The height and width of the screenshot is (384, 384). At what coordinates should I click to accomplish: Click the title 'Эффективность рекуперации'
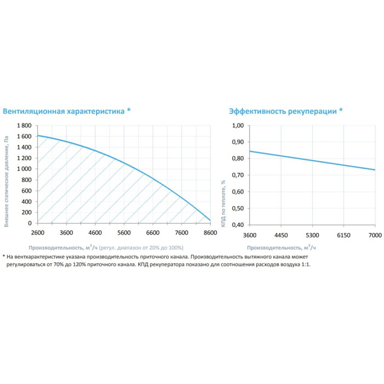pos(283,111)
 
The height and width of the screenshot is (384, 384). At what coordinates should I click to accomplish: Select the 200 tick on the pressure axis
pos(27,212)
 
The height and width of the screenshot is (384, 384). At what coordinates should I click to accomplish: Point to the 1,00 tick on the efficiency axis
pos(238,126)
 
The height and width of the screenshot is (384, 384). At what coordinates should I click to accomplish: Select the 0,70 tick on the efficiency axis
pos(238,175)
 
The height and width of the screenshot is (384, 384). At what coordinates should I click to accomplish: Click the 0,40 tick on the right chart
pos(238,225)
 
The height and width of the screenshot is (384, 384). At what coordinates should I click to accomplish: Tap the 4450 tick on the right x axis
pos(280,235)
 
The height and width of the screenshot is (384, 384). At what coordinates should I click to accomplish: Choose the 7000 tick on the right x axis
pos(375,235)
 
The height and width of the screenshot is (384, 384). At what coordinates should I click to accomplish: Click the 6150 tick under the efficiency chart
pos(343,235)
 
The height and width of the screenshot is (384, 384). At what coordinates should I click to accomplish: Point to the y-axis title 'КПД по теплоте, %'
pos(224,176)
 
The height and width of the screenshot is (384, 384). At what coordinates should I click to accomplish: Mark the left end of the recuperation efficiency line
pos(249,151)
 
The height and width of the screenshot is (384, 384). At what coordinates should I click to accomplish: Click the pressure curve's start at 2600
pos(37,135)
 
